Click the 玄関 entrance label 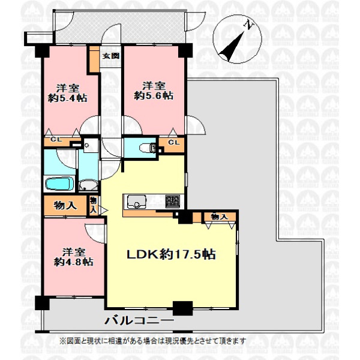[x=110, y=56]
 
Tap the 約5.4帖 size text [x=67, y=98]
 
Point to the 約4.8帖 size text [x=74, y=262]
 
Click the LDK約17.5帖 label [x=171, y=254]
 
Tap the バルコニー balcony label [x=139, y=320]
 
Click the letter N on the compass [x=249, y=25]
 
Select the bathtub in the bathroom [x=59, y=184]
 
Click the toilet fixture [x=148, y=148]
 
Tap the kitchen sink [x=137, y=202]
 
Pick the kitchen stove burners [x=173, y=202]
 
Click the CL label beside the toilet [x=173, y=142]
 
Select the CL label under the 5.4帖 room [x=56, y=139]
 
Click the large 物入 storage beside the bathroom [x=65, y=205]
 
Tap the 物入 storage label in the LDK [x=219, y=217]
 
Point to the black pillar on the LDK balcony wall [x=182, y=308]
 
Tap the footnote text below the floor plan [x=153, y=340]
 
